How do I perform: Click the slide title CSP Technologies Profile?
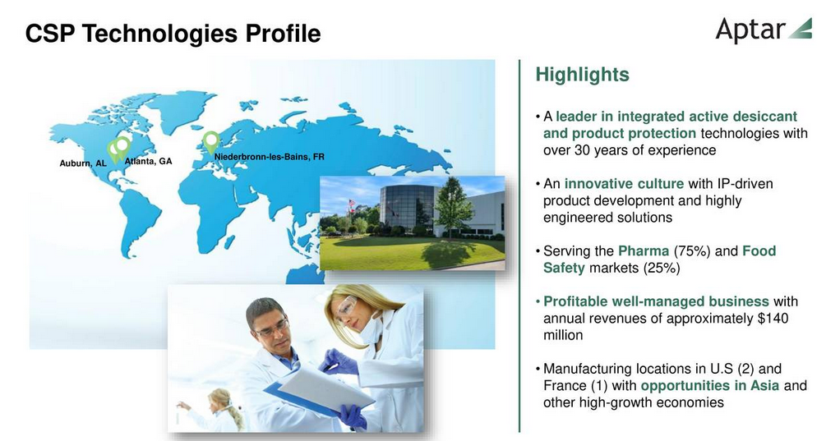(173, 34)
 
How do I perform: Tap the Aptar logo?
(762, 30)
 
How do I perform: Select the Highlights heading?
(582, 75)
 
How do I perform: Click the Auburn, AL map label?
(83, 163)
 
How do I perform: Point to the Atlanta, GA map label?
(148, 161)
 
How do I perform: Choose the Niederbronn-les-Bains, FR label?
(269, 156)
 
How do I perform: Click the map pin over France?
(212, 141)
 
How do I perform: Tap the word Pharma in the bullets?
(644, 251)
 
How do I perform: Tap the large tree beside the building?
(455, 204)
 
